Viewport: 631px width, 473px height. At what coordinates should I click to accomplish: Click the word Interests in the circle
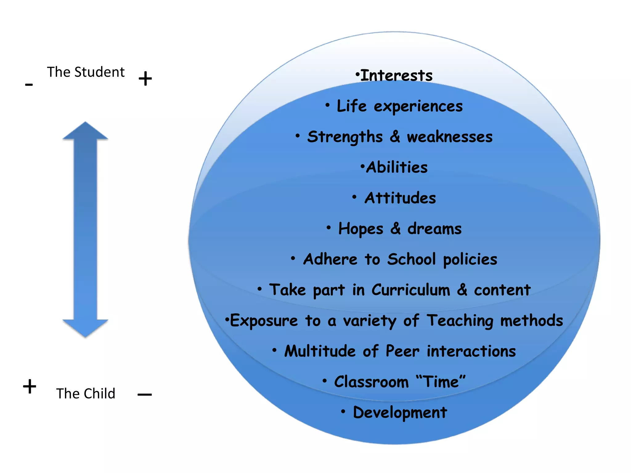[396, 75]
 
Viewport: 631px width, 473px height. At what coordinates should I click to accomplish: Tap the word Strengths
[345, 137]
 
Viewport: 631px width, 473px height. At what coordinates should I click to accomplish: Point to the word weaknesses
[450, 137]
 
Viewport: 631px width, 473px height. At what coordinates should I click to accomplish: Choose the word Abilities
[397, 168]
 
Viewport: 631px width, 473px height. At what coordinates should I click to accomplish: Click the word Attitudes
[400, 198]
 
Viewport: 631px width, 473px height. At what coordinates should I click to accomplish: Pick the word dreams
[434, 229]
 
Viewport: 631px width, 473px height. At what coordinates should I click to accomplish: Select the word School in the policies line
[411, 259]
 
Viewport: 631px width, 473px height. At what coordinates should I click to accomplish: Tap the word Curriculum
[411, 290]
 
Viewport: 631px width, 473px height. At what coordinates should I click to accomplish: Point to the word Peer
[402, 351]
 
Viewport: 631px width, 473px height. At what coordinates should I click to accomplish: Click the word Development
[400, 412]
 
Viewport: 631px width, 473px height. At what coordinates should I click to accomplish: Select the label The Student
[86, 72]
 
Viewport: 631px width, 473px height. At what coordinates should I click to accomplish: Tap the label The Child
[86, 394]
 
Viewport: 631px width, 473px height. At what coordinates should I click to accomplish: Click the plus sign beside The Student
[145, 79]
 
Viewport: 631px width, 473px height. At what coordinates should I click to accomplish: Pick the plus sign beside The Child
[30, 386]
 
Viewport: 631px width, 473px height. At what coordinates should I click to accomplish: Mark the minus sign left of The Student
[29, 84]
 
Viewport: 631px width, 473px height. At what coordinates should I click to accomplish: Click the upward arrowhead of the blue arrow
[85, 131]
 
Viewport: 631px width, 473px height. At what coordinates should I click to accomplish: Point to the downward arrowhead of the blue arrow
[85, 328]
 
